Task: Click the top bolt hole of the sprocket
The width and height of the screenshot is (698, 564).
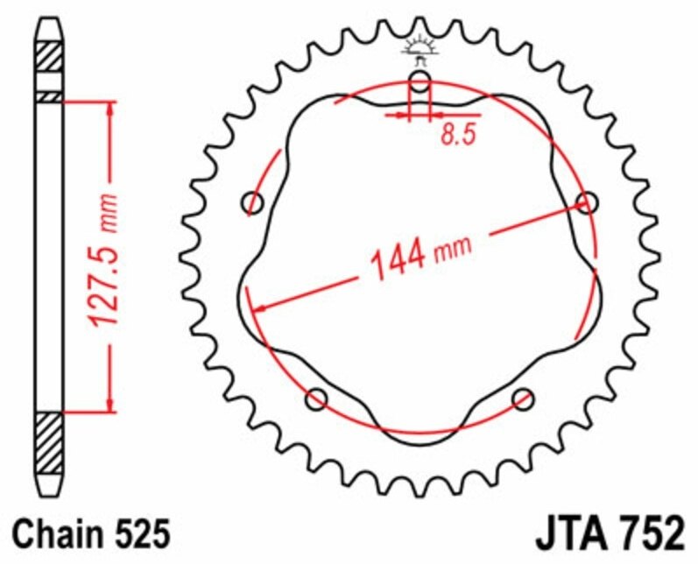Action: (x=420, y=83)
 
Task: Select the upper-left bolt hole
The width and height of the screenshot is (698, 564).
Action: (x=253, y=203)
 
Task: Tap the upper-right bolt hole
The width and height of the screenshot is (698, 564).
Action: (x=588, y=203)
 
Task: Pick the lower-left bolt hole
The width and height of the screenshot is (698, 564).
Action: (x=316, y=400)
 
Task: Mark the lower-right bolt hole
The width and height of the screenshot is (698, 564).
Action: (x=524, y=400)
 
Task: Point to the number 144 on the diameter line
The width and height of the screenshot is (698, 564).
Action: (x=396, y=261)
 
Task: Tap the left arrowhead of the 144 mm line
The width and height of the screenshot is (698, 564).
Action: (x=257, y=307)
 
